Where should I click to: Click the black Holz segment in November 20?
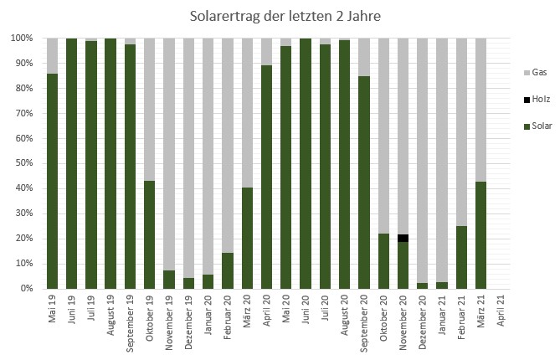403,239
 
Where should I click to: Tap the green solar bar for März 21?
480,234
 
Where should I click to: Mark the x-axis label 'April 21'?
501,314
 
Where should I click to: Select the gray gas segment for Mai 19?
52,55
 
